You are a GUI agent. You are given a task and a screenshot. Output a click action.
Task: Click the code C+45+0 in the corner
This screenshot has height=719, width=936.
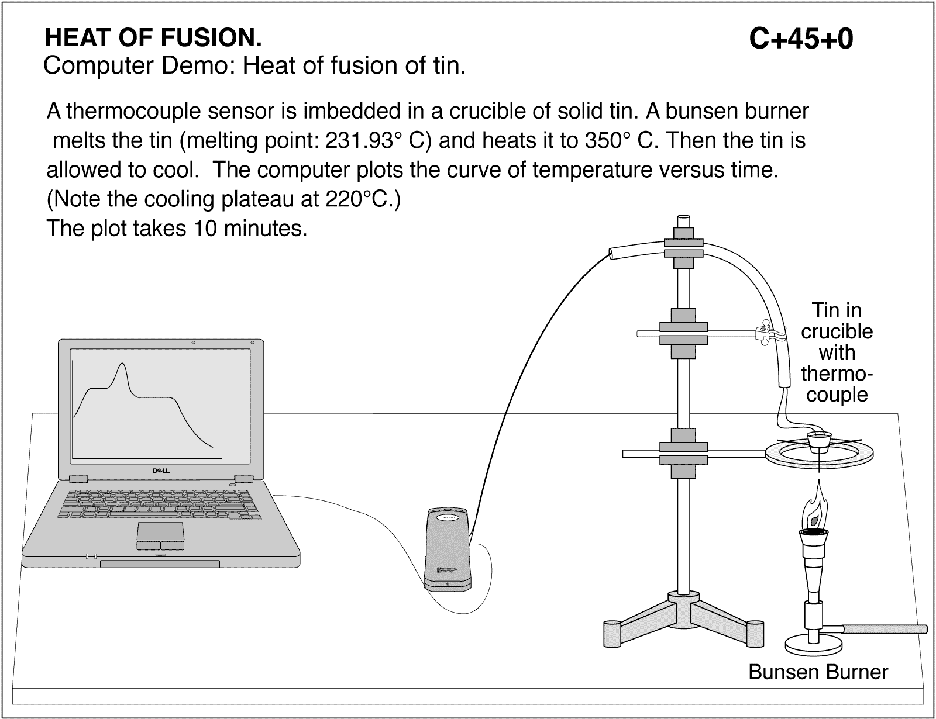click(801, 40)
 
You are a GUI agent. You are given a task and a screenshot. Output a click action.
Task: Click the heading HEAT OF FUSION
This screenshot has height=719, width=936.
click(153, 39)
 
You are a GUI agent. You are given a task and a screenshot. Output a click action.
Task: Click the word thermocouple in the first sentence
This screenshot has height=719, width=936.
click(109, 111)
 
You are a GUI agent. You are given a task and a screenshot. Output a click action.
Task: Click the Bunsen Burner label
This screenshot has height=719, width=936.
click(818, 672)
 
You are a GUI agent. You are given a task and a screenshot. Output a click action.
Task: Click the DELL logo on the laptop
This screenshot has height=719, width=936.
click(161, 470)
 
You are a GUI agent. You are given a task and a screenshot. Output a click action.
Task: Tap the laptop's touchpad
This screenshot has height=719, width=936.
click(161, 531)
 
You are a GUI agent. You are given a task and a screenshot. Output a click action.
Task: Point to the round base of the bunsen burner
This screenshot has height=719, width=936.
click(814, 647)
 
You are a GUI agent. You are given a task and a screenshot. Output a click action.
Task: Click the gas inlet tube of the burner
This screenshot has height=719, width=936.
click(883, 630)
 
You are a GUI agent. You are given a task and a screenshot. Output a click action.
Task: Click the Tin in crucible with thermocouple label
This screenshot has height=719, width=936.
click(837, 352)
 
